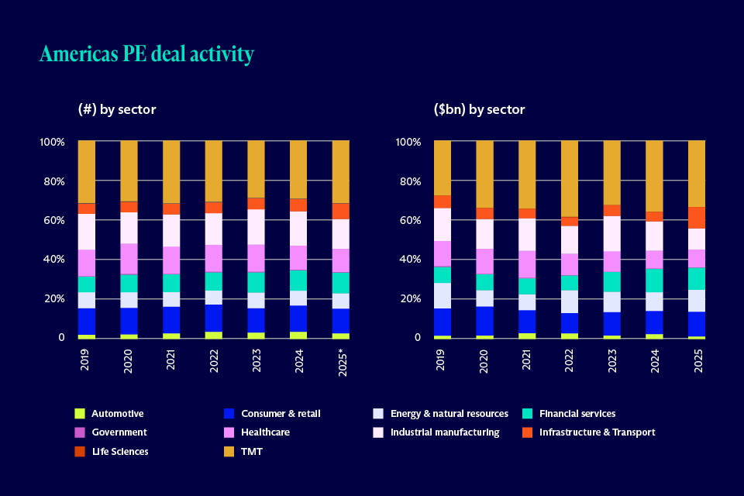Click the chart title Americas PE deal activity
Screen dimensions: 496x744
click(x=146, y=54)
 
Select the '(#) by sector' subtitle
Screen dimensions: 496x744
click(x=117, y=109)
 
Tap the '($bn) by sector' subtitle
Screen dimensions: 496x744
click(x=480, y=109)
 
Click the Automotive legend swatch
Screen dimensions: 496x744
click(x=79, y=413)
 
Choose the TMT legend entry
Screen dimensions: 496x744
click(x=251, y=451)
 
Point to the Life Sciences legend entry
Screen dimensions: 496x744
click(x=119, y=451)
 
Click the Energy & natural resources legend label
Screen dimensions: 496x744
click(x=449, y=413)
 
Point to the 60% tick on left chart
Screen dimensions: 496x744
click(x=53, y=221)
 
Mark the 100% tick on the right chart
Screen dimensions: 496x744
click(x=408, y=143)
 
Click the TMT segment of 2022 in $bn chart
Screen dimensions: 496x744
click(x=570, y=178)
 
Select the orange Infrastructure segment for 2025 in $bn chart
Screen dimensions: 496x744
click(x=697, y=218)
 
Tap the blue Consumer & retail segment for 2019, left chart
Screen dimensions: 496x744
click(x=87, y=322)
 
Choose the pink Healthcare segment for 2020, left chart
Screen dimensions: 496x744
click(x=129, y=259)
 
